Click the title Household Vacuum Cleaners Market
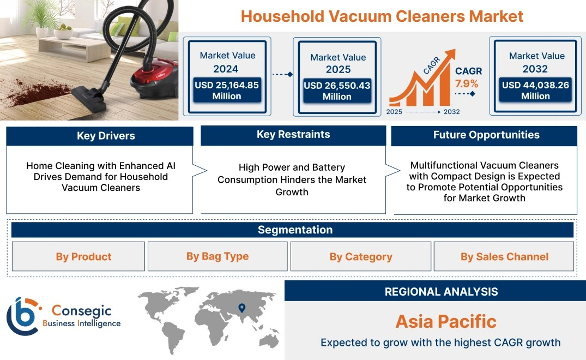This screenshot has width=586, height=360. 382,16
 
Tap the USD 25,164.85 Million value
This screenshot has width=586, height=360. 227,91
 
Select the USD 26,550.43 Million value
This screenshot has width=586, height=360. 337,91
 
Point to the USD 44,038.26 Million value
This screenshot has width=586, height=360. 535,91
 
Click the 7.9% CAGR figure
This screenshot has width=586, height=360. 467,83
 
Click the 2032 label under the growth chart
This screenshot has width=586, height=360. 451,112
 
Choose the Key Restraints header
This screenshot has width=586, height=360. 293,135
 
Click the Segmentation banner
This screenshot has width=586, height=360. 292,230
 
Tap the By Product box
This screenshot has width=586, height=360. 78,256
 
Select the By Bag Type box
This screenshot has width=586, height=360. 218,256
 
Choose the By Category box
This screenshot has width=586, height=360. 361,256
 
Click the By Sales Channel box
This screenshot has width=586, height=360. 504,256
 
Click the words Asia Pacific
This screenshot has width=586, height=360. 446,321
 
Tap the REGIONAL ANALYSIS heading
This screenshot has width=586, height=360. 442,292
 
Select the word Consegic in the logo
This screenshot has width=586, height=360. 81,311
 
